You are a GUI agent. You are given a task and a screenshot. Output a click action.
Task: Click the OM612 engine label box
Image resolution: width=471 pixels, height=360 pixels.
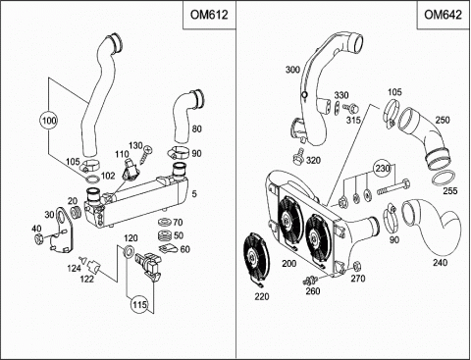click(x=209, y=15)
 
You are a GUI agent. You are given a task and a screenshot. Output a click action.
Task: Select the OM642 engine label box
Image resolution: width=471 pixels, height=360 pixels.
click(x=444, y=15)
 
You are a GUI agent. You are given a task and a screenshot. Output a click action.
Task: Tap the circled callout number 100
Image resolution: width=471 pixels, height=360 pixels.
click(x=49, y=121)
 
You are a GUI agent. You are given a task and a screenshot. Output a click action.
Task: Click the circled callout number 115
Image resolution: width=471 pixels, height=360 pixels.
click(x=140, y=305)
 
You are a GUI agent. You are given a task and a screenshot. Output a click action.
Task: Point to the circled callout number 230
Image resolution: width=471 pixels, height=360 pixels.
click(x=383, y=169)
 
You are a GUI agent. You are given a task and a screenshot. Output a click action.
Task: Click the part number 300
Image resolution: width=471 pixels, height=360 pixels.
click(x=292, y=70)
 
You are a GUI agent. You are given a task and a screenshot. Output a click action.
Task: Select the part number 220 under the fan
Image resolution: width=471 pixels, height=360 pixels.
click(x=262, y=296)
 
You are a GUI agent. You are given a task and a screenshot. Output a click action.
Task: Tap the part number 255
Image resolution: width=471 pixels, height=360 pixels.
click(x=450, y=190)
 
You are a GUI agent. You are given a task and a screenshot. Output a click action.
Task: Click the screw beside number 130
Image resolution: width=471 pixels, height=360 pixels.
click(x=145, y=154)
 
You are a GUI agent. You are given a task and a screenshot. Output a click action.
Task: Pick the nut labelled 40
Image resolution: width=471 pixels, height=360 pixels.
click(x=38, y=239)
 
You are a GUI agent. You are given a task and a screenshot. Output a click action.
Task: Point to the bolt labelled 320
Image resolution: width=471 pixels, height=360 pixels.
click(x=298, y=156)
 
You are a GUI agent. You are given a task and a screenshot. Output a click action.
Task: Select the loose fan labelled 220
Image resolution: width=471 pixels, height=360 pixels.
click(x=257, y=258)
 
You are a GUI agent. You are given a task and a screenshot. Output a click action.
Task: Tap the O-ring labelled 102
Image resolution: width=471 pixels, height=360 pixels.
click(x=92, y=180)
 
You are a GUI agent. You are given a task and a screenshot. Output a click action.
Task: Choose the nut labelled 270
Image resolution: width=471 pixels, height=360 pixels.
click(x=357, y=266)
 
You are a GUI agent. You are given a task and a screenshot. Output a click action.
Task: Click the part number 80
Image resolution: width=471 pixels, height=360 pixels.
click(x=197, y=129)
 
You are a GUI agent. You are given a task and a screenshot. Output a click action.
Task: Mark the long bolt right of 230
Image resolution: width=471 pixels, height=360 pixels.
click(x=393, y=187)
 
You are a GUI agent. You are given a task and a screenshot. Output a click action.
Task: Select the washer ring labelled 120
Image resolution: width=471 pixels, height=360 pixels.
click(x=129, y=252)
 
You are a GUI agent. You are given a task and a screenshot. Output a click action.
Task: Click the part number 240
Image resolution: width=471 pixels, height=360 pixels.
click(x=440, y=262)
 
